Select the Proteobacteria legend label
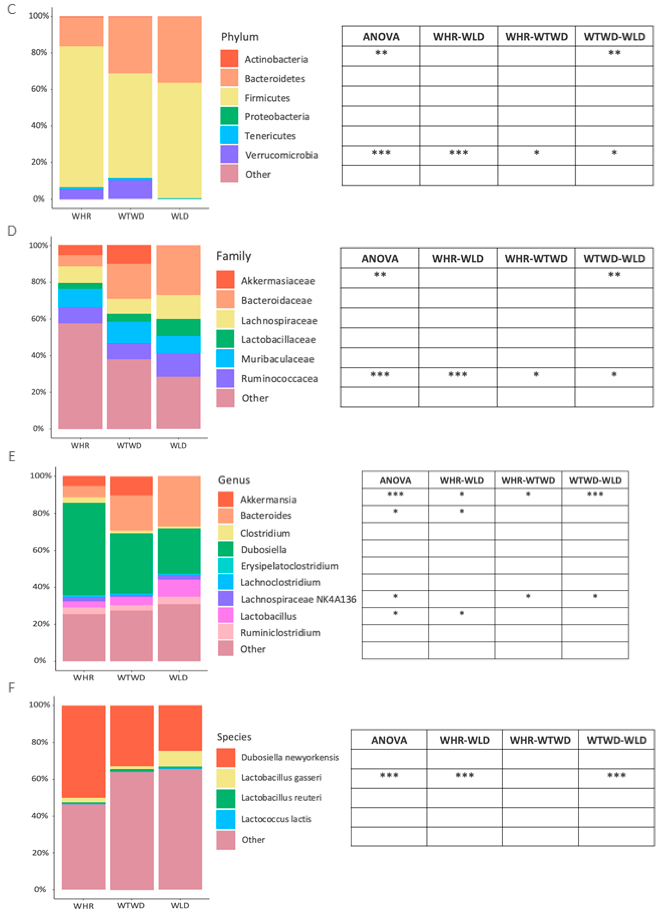point(277,117)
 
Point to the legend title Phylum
point(240,37)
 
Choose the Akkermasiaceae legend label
point(278,281)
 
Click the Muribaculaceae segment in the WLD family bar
point(178,345)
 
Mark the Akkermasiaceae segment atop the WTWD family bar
point(129,254)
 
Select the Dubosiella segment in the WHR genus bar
point(84,549)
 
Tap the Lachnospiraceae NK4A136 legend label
point(298,599)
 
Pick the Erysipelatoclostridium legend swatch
point(226,566)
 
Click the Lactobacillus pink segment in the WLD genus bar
point(179,588)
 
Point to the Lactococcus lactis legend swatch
point(226,819)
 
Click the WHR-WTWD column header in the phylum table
point(536,37)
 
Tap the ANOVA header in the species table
point(389,740)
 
